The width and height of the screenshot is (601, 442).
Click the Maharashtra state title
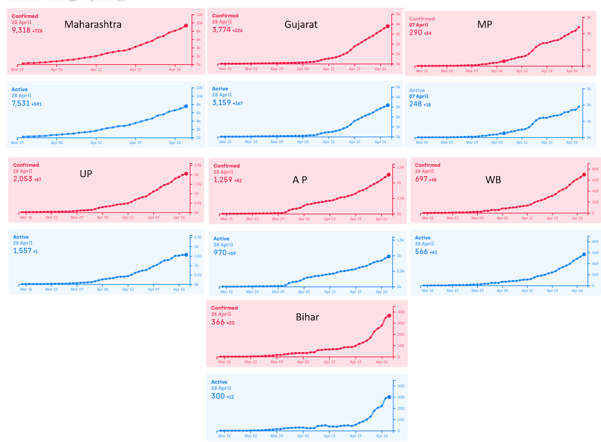pyautogui.click(x=93, y=24)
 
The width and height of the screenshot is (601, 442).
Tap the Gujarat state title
pyautogui.click(x=301, y=24)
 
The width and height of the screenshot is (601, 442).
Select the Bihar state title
pyautogui.click(x=307, y=317)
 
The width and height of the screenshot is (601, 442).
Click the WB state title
pyautogui.click(x=493, y=180)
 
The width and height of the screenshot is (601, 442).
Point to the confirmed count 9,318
pyautogui.click(x=21, y=30)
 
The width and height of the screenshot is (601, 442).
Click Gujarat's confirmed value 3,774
pyautogui.click(x=221, y=30)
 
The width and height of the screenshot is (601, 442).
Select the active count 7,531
pyautogui.click(x=21, y=103)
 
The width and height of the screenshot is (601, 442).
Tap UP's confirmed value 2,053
pyautogui.click(x=23, y=179)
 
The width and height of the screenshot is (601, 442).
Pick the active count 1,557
pyautogui.click(x=22, y=251)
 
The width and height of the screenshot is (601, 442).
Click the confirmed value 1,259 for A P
pyautogui.click(x=223, y=180)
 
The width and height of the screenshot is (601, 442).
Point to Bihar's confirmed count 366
pyautogui.click(x=218, y=322)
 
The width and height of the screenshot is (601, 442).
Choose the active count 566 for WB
pyautogui.click(x=421, y=252)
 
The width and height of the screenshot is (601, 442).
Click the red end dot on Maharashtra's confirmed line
pyautogui.click(x=186, y=26)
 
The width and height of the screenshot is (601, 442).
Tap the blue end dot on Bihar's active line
pyautogui.click(x=389, y=397)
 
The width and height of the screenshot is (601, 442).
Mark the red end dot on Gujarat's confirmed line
pyautogui.click(x=388, y=26)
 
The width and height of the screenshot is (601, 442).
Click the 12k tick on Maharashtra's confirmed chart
pyautogui.click(x=199, y=15)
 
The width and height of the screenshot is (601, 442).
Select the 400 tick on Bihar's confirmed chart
pyautogui.click(x=401, y=312)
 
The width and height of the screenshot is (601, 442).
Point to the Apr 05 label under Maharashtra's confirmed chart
pyautogui.click(x=57, y=70)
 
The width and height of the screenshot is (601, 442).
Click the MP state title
pyautogui.click(x=485, y=24)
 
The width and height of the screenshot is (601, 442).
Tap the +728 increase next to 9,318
pyautogui.click(x=37, y=31)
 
